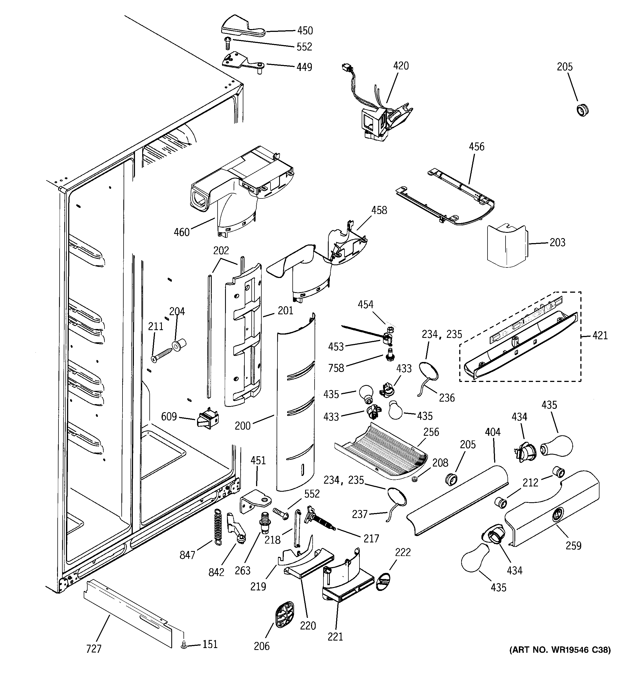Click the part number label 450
click(305, 31)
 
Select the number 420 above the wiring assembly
click(401, 66)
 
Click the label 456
click(476, 147)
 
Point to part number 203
click(557, 243)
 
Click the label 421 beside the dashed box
click(600, 335)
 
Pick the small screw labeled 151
click(184, 644)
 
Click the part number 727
click(93, 649)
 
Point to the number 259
click(573, 545)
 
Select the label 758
click(336, 368)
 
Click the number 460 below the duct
click(182, 232)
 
